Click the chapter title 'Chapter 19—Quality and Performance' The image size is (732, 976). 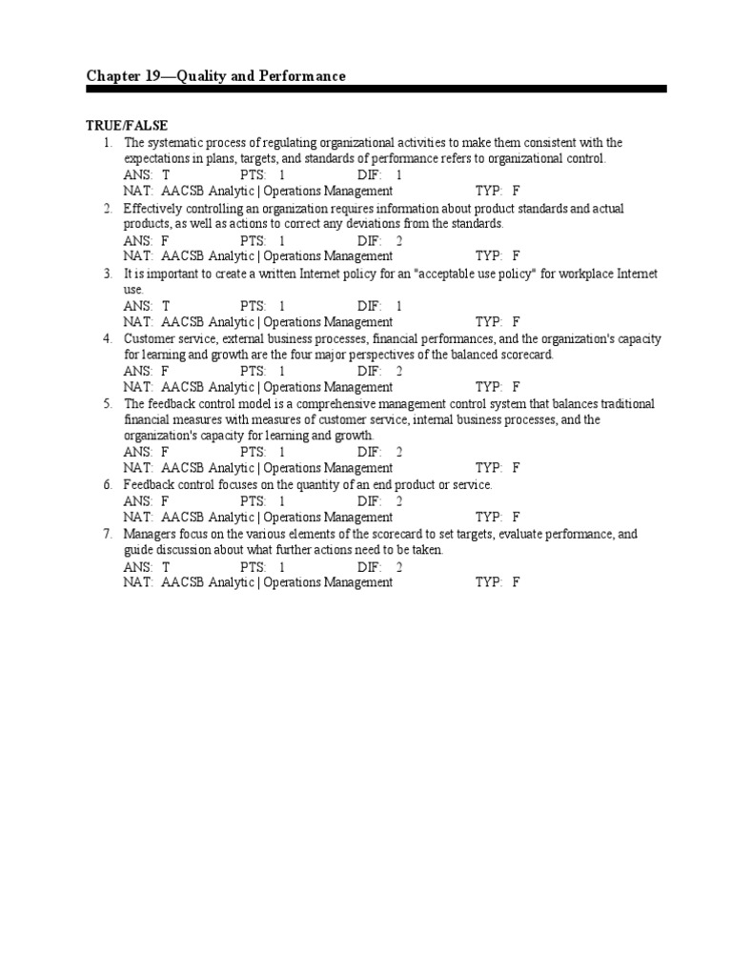pos(215,75)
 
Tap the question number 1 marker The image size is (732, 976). pos(110,143)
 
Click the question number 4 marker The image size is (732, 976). pos(109,339)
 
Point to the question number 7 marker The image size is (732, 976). pos(109,535)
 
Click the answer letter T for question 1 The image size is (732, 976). pos(166,175)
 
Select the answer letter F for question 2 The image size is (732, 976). pos(166,241)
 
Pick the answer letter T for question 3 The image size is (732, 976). pos(166,306)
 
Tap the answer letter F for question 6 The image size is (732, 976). pos(166,501)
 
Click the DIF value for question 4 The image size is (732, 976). pos(399,372)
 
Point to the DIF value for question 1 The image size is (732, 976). pos(399,175)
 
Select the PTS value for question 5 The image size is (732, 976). pos(282,453)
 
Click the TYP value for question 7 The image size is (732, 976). pos(516,582)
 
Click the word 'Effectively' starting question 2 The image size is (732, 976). pos(152,209)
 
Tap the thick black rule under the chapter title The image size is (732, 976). pos(376,89)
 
